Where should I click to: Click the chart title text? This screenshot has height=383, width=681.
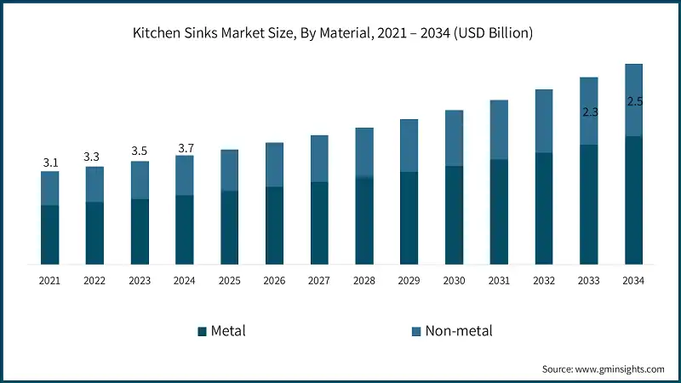[340, 35]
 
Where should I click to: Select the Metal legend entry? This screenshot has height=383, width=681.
[227, 330]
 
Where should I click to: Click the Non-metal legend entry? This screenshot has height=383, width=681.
[459, 330]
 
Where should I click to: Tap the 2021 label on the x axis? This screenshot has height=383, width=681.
[50, 280]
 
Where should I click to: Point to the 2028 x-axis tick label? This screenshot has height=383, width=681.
[364, 280]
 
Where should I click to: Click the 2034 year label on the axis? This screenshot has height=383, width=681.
[633, 280]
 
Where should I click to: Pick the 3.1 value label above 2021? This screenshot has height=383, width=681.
[50, 162]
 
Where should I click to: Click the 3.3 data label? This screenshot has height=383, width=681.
[94, 157]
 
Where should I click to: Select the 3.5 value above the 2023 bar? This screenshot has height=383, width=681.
[140, 151]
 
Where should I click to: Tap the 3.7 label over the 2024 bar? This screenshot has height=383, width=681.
[185, 149]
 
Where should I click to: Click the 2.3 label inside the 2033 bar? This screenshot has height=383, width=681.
[589, 111]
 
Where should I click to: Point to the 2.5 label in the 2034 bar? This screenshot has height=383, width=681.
[634, 101]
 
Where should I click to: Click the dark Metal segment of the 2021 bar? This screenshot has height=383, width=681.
[50, 234]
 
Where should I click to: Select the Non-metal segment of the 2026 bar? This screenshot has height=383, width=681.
[274, 164]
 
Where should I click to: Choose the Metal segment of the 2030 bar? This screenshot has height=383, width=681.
[454, 214]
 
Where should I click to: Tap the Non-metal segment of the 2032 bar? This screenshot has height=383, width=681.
[544, 121]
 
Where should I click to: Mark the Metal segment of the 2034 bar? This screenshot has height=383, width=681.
[633, 200]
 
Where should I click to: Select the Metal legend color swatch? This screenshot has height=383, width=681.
[202, 331]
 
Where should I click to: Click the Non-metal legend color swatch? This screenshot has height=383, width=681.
[417, 331]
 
